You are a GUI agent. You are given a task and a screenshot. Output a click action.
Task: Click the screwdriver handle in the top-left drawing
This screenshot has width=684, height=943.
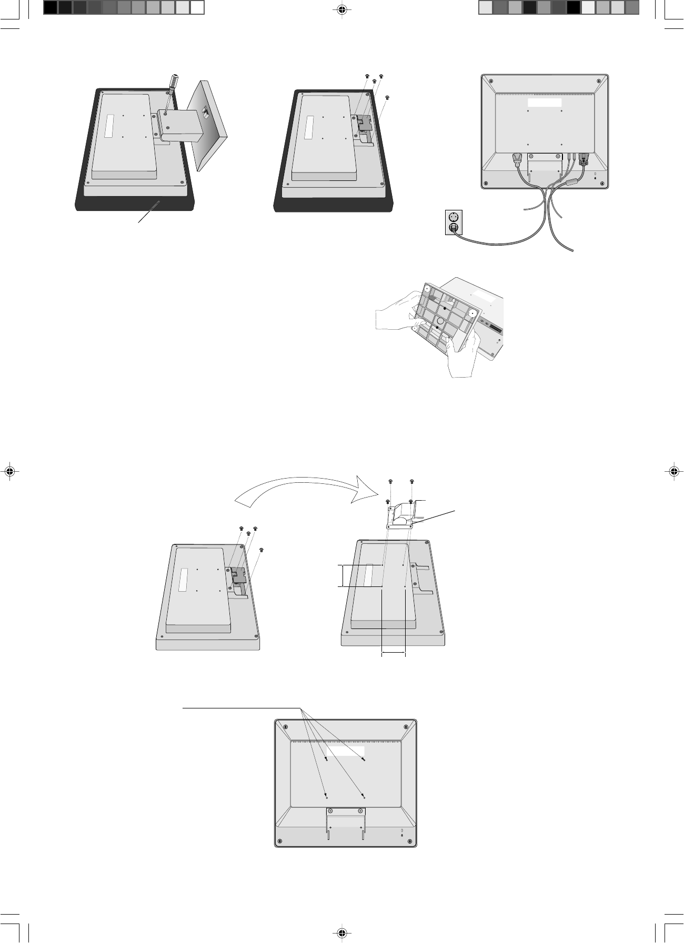(173, 83)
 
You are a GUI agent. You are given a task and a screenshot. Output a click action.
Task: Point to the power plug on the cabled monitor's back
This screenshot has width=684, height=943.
(517, 159)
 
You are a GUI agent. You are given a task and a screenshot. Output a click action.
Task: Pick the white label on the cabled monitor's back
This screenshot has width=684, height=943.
(545, 102)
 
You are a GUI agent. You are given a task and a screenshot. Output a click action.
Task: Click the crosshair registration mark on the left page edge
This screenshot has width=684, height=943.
(9, 471)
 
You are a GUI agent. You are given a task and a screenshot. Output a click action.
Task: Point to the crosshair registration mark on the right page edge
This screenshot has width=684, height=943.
(674, 471)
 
